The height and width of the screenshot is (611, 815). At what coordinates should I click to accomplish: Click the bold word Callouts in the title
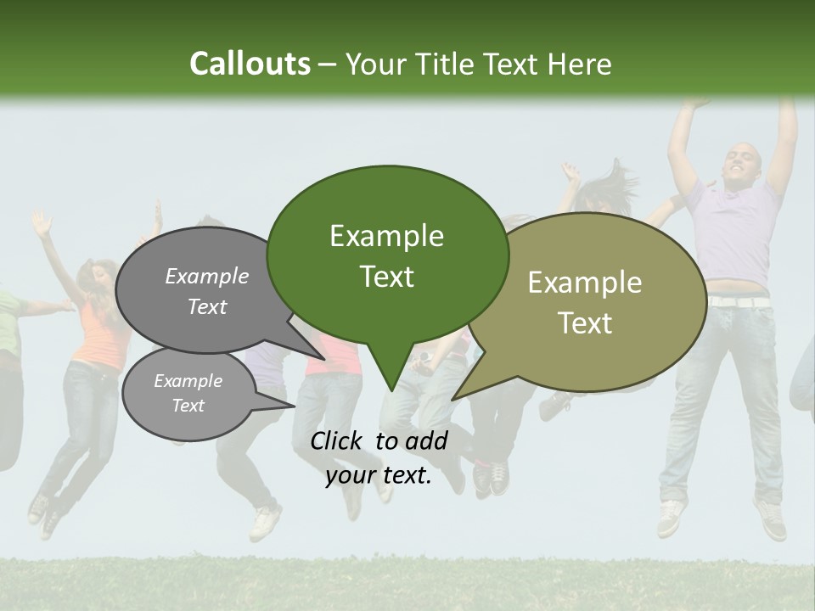click(250, 64)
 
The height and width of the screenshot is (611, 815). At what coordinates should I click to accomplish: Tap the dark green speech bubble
click(387, 255)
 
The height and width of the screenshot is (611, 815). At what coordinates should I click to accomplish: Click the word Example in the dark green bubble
click(386, 236)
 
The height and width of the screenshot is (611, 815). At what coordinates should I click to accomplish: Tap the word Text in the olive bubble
click(585, 323)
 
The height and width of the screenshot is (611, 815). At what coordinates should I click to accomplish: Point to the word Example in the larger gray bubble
click(207, 276)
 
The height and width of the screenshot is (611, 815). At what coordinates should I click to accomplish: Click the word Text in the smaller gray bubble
click(188, 406)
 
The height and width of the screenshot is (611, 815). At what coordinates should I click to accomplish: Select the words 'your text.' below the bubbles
click(379, 476)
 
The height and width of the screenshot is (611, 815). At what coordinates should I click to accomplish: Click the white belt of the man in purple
click(739, 301)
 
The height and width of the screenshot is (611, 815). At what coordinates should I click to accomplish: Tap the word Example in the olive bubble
click(585, 283)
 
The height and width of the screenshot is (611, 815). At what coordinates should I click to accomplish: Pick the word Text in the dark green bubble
click(387, 277)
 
